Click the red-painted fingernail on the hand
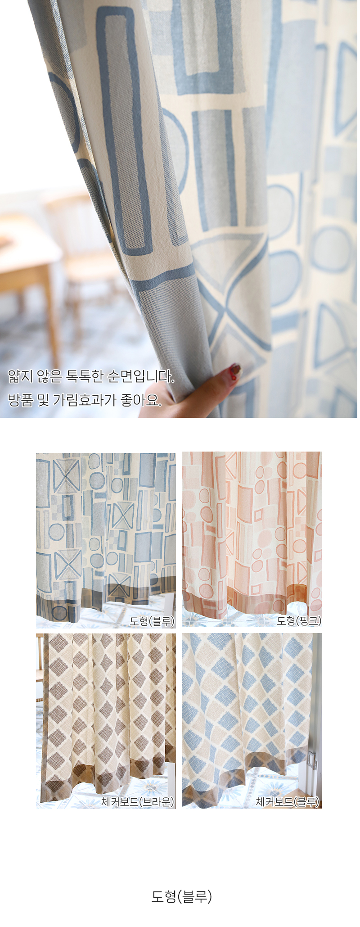[234, 371]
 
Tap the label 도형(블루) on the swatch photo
[152, 621]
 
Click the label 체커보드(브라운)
[138, 801]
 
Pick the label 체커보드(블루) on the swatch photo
[288, 801]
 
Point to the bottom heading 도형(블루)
[182, 896]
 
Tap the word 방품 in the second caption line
[21, 399]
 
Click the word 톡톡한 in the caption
[85, 376]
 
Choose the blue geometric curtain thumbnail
[106, 540]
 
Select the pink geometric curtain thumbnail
[252, 540]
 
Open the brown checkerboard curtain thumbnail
[106, 721]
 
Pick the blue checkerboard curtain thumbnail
[252, 721]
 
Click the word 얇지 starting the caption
[21, 376]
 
